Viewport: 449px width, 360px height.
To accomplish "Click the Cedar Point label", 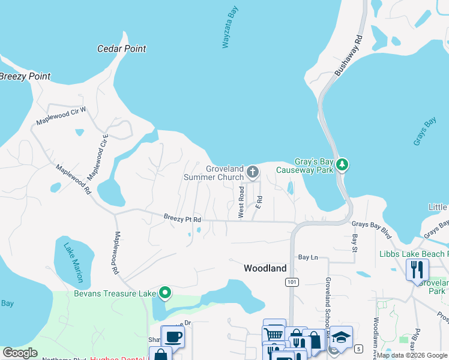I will coord(122,49).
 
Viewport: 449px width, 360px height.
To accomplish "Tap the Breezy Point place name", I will coord(25,77).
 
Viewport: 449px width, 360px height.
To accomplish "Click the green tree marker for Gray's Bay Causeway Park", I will coord(343,164).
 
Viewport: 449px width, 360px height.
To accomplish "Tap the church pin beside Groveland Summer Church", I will coord(253,173).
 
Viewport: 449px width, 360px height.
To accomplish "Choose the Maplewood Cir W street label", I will coord(61,116).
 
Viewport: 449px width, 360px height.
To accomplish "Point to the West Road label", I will coord(241,201).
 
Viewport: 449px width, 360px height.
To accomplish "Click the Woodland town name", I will coord(265,269).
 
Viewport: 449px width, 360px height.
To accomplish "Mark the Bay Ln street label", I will coord(307,257).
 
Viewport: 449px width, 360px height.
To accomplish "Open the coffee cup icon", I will coord(173,337).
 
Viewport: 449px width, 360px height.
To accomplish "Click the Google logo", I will coord(20,353).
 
